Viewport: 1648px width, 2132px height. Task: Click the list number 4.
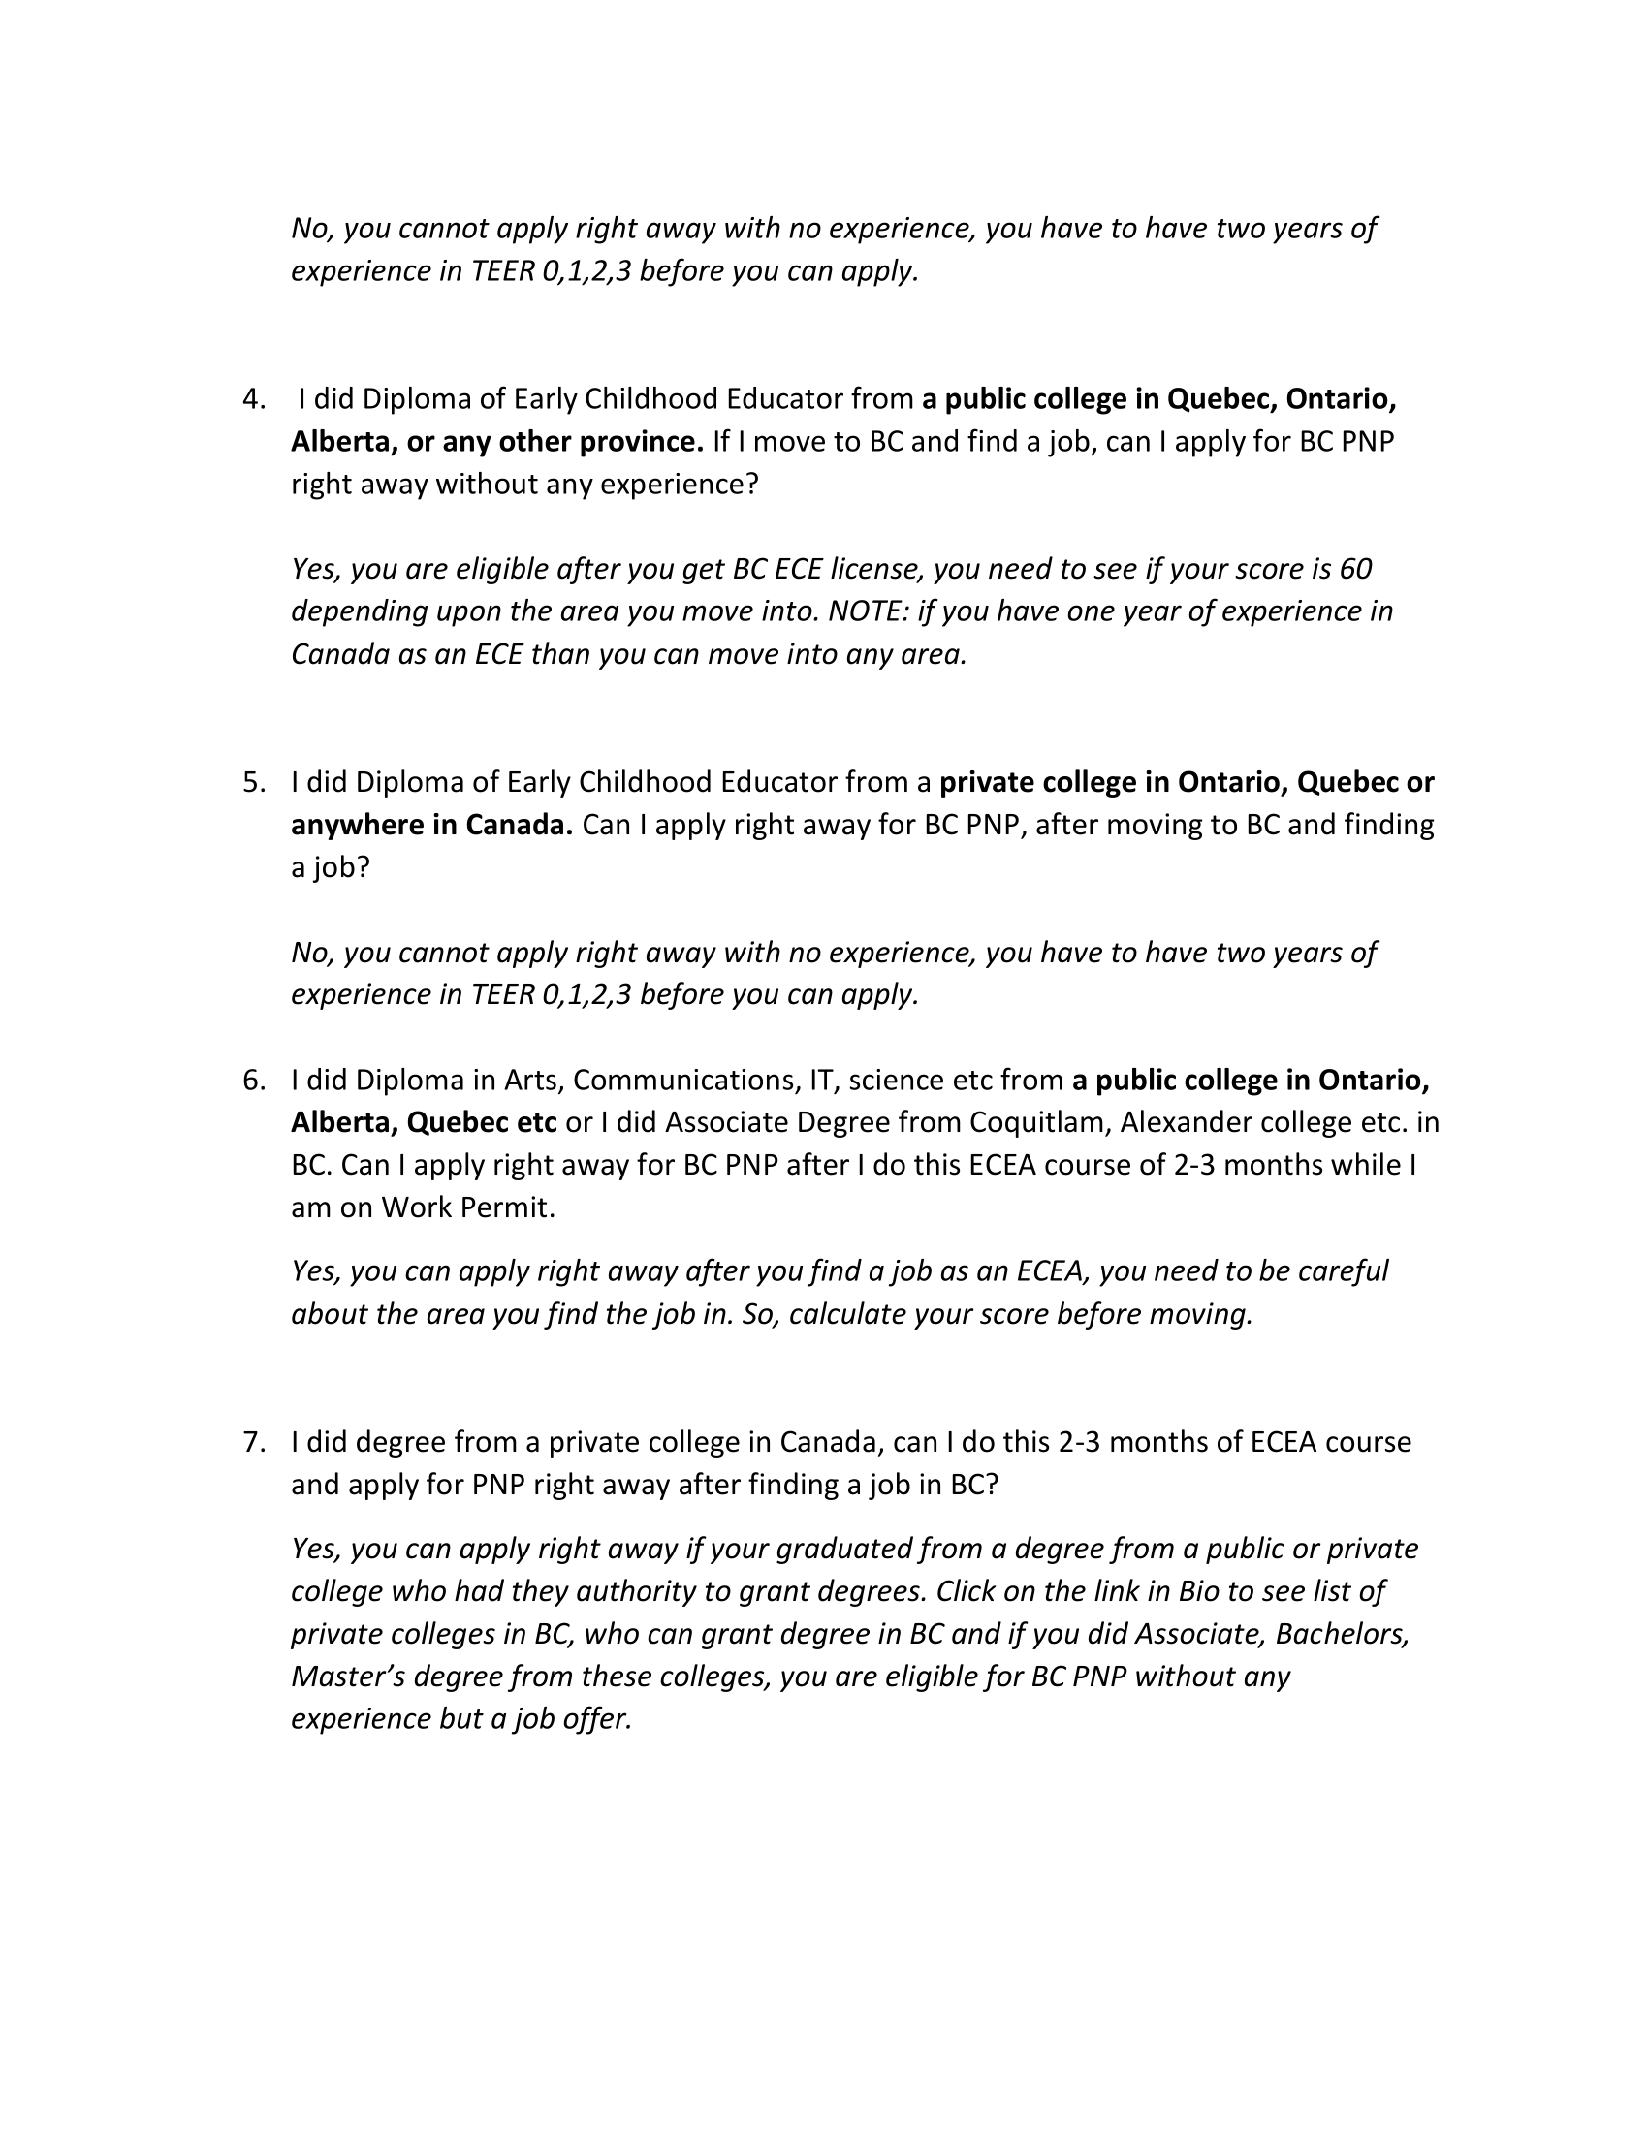(x=253, y=399)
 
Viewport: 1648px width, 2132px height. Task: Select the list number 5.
(x=253, y=783)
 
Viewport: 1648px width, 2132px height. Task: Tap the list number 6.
(x=253, y=1081)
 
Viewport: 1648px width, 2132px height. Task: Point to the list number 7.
(x=253, y=1442)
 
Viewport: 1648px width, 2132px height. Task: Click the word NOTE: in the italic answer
(x=868, y=611)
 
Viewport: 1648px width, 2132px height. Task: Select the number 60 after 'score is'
(x=1355, y=568)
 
